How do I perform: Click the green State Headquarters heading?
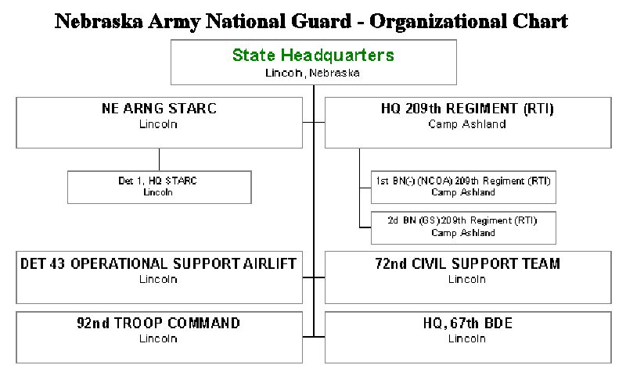(x=313, y=55)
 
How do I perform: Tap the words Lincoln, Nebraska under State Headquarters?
(x=312, y=73)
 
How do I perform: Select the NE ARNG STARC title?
(x=159, y=109)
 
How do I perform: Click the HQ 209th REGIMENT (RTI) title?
(x=467, y=109)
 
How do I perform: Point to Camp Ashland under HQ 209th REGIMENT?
(x=467, y=124)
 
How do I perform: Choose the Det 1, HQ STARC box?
(x=160, y=188)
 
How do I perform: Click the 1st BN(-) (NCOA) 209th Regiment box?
(x=463, y=188)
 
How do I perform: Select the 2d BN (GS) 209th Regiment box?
(x=463, y=227)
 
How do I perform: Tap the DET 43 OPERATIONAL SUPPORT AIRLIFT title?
(x=159, y=263)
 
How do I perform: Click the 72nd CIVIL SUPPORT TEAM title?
(x=467, y=263)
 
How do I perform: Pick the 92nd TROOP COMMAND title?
(x=159, y=323)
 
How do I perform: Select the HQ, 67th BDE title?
(x=467, y=323)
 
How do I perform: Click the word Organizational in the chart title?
(x=438, y=22)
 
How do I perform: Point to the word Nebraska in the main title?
(x=99, y=21)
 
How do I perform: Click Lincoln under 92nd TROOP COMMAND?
(x=158, y=338)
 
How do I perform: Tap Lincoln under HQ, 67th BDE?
(x=467, y=338)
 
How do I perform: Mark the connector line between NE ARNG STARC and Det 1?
(x=160, y=159)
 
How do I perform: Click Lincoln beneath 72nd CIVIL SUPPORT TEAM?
(x=467, y=279)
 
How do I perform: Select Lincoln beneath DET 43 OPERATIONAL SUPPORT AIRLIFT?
(x=158, y=279)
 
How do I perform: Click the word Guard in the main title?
(x=321, y=21)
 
